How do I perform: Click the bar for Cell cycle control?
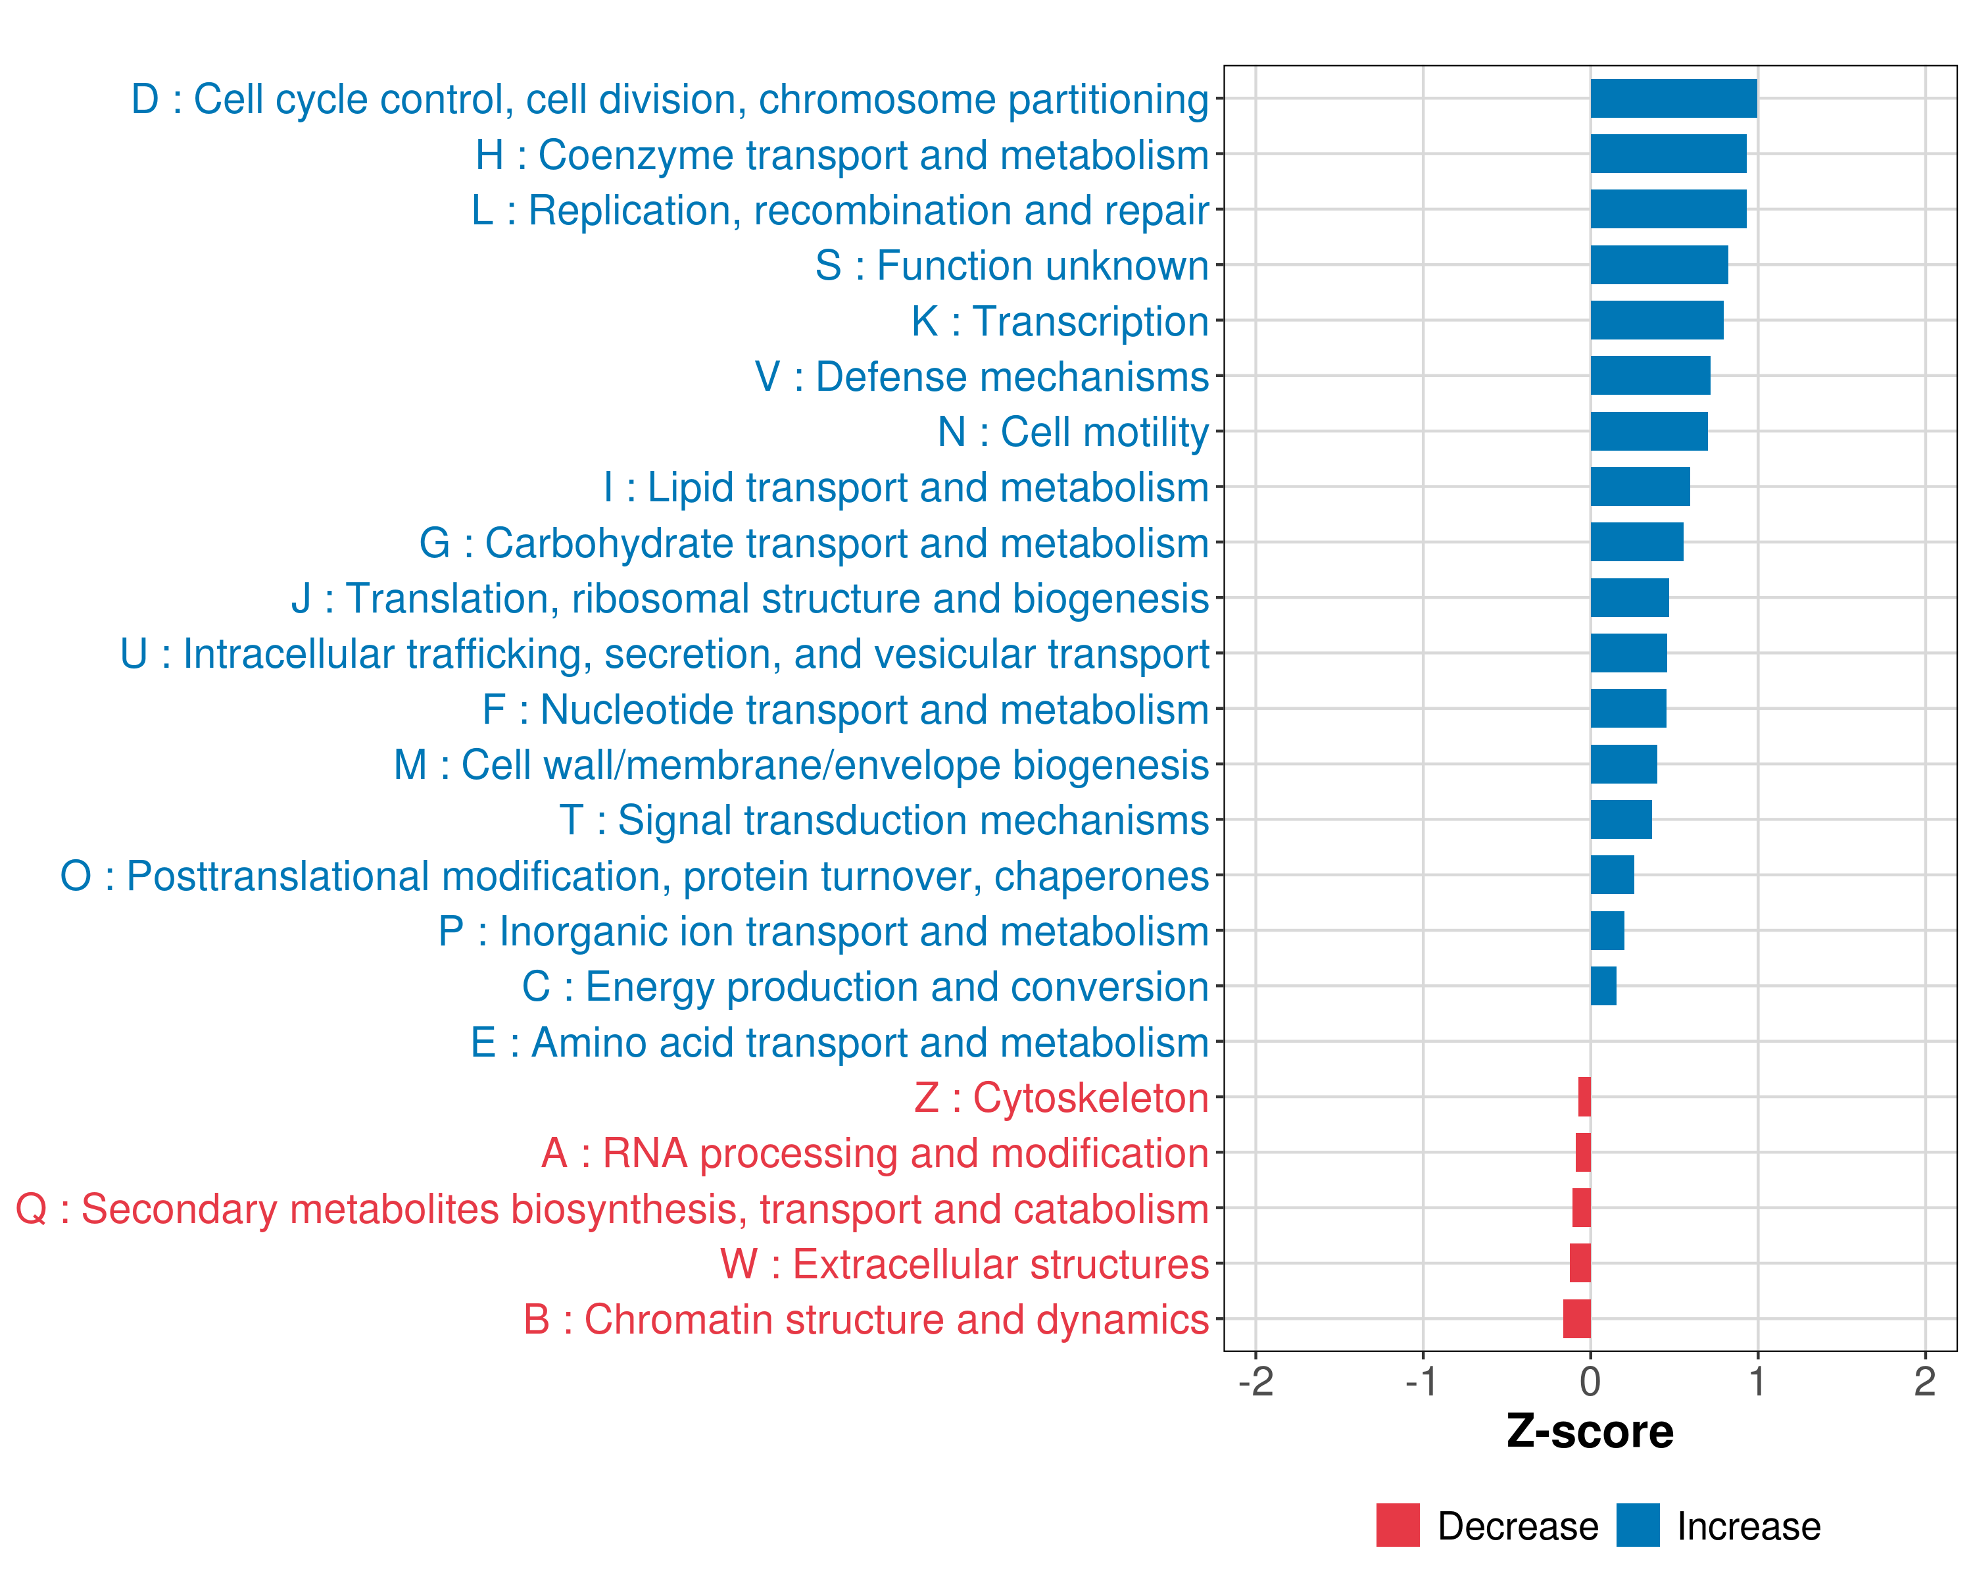[1673, 99]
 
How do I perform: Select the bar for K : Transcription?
[1657, 320]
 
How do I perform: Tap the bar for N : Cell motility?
[1648, 431]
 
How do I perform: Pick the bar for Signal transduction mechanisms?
[1620, 819]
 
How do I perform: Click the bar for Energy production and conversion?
[1603, 986]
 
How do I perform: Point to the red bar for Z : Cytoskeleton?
[1584, 1097]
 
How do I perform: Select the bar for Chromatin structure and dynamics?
[1576, 1319]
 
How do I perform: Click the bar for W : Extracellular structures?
[1580, 1263]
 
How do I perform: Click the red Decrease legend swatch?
[1398, 1525]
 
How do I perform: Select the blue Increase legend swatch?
[1637, 1525]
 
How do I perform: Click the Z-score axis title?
[1590, 1432]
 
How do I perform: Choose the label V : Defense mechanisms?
[981, 377]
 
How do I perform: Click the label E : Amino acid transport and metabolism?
[839, 1043]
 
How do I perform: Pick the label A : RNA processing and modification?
[875, 1153]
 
